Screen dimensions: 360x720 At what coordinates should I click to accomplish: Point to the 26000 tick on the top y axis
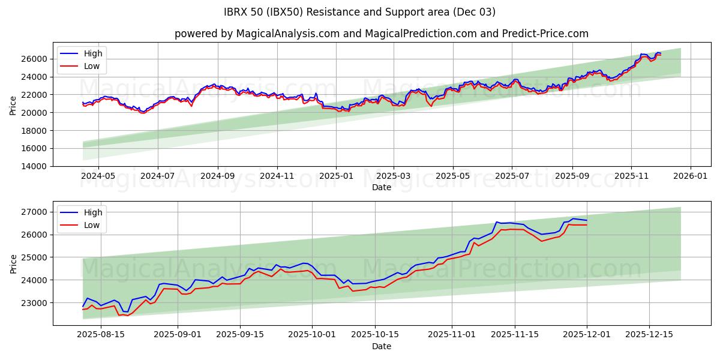35,59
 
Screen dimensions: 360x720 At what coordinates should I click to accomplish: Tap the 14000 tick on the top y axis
35,166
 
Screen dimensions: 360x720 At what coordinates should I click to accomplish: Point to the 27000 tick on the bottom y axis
35,212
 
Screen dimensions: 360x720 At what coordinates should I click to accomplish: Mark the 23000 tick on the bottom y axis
35,303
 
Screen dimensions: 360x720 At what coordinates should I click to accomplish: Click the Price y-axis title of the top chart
13,104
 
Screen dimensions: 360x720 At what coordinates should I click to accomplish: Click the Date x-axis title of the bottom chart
381,346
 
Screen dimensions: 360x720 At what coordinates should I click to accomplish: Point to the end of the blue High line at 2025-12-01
587,220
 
